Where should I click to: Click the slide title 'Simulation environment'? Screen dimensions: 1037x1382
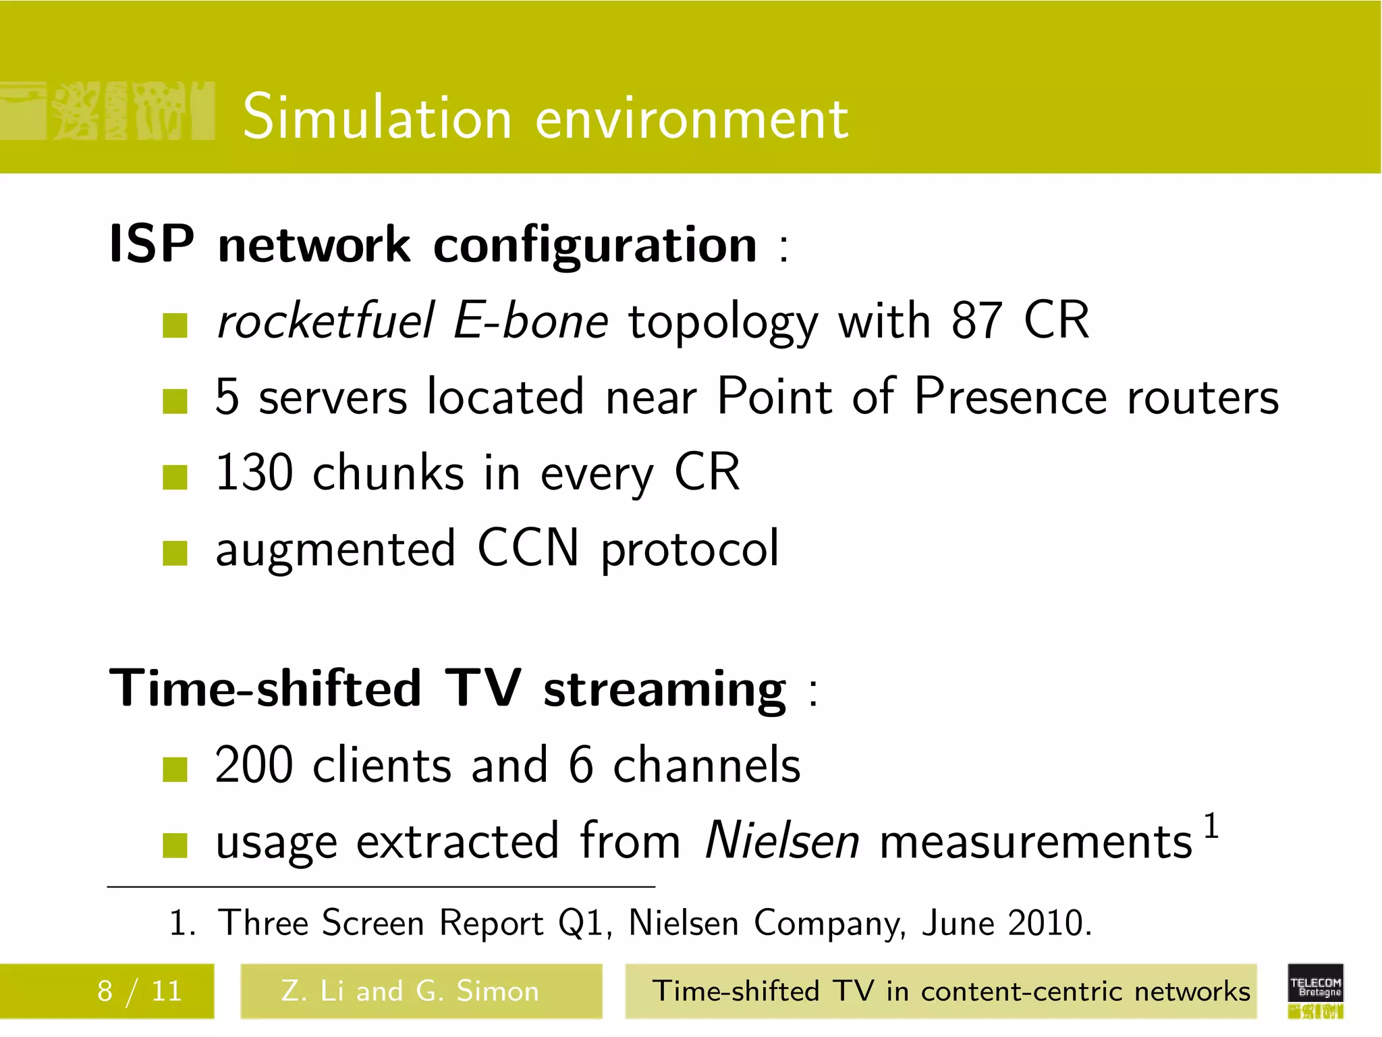(545, 118)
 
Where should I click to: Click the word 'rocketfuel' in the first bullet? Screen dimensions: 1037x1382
(326, 321)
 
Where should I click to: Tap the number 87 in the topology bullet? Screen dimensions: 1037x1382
(976, 321)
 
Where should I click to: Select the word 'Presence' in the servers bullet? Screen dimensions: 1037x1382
(1010, 396)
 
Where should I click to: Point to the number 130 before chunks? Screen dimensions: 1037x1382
(254, 473)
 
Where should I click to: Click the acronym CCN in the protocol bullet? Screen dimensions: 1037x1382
(528, 548)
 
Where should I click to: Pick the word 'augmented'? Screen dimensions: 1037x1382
(335, 550)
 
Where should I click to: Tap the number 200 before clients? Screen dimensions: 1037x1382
(254, 766)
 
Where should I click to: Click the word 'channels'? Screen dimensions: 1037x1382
(707, 766)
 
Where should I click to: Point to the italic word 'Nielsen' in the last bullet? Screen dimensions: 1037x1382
(782, 841)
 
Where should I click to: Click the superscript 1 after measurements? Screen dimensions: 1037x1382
(1211, 826)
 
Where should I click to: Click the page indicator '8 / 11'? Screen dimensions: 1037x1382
(140, 991)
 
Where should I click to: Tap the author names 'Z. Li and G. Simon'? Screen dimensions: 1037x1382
(410, 991)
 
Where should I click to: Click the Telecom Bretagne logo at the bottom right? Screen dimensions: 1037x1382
(1315, 991)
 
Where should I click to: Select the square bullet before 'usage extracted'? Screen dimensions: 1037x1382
(175, 845)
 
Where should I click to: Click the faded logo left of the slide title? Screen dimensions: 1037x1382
(108, 111)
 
